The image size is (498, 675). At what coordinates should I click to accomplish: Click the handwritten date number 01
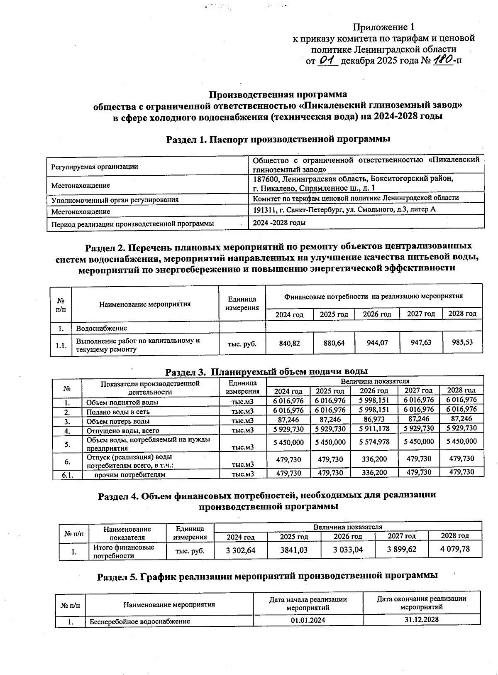click(327, 61)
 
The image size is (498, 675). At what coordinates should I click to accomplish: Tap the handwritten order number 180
click(442, 61)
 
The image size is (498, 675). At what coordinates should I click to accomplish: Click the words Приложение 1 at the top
click(383, 27)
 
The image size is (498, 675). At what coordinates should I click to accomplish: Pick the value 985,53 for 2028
click(462, 342)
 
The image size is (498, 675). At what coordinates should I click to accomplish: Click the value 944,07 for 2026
click(377, 343)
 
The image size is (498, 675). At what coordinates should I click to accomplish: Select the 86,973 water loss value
click(373, 420)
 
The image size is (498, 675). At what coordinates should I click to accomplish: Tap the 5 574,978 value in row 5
click(373, 442)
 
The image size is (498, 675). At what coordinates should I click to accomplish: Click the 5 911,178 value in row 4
click(373, 429)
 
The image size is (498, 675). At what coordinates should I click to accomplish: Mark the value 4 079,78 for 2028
click(455, 549)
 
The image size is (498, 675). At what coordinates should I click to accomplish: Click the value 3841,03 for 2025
click(294, 550)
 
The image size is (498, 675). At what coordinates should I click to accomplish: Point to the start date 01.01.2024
click(308, 621)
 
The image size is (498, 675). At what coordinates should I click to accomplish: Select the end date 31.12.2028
click(421, 620)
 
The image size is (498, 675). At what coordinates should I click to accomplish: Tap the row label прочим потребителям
click(129, 474)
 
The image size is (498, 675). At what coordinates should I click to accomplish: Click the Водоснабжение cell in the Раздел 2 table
click(101, 329)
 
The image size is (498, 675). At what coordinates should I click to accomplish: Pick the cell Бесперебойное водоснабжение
click(140, 621)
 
